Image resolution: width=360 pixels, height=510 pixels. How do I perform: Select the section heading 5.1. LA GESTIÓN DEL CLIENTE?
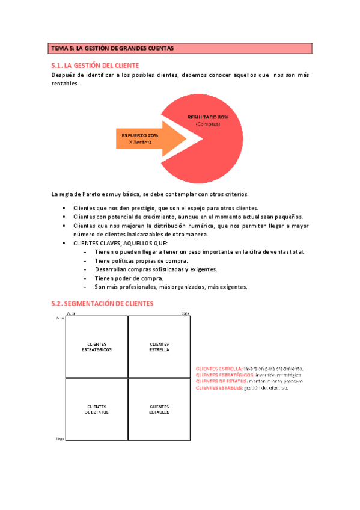[96, 64]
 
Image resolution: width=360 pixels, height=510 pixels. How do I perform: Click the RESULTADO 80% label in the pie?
[207, 117]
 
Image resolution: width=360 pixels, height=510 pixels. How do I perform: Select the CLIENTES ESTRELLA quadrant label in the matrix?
[159, 346]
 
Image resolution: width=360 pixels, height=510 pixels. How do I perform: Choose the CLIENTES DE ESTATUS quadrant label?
[97, 409]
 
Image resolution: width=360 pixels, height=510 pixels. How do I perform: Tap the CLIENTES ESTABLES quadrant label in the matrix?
[159, 409]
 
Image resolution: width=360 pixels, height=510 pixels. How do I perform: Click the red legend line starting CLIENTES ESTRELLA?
[249, 368]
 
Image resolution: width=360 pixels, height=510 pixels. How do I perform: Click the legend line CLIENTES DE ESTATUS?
[249, 381]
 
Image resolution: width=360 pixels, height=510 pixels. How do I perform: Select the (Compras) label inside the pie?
[207, 124]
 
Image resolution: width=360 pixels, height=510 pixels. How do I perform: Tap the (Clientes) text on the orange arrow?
[140, 142]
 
